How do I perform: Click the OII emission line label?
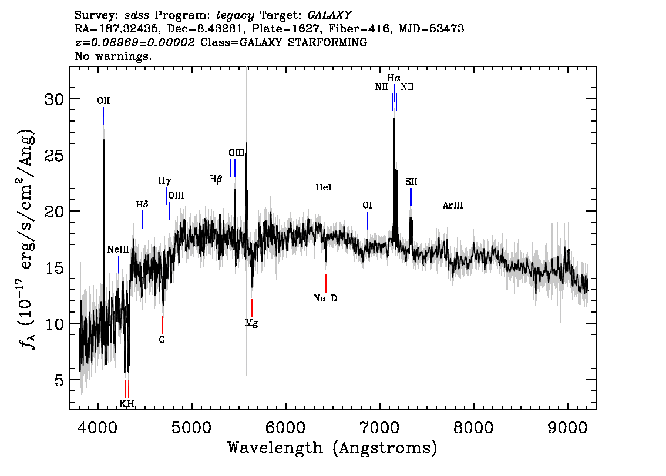[103, 100]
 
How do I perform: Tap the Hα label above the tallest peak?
[393, 78]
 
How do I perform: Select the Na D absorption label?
[325, 299]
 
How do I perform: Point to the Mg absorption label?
[251, 323]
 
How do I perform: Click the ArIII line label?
[453, 206]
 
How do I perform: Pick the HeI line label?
[324, 187]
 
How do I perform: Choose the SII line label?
[411, 182]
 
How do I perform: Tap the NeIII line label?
[117, 250]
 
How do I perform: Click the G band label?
[162, 340]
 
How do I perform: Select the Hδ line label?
[142, 205]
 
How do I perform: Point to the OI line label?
[368, 205]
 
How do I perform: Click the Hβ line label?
[216, 179]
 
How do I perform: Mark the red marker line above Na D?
[326, 283]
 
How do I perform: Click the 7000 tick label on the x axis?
[379, 427]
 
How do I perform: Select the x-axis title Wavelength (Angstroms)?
[332, 448]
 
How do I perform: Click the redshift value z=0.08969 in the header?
[106, 42]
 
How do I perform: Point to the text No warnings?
[113, 56]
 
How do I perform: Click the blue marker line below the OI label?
[368, 220]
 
